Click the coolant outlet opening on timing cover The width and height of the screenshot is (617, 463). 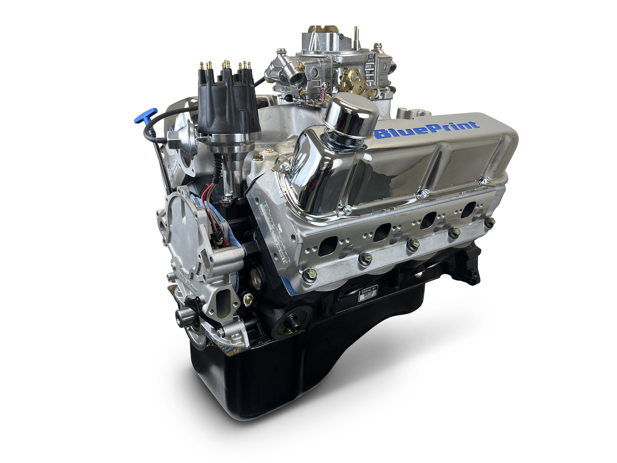tap(225, 299)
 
